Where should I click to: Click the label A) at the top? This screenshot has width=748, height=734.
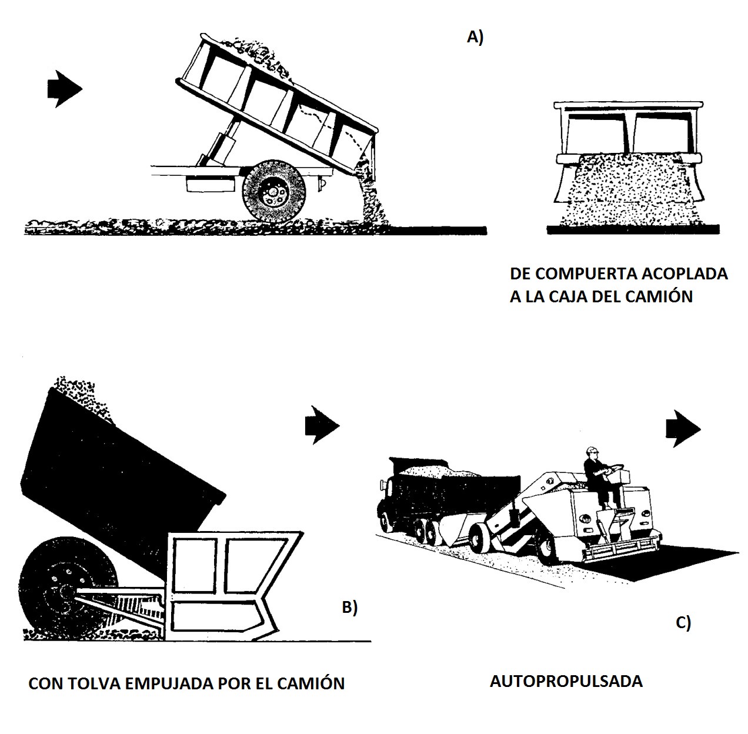[475, 37]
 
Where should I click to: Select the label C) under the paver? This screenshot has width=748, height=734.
[683, 622]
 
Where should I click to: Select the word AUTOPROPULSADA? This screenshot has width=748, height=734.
[566, 681]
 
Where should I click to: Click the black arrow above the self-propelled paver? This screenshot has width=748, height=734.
[683, 429]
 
